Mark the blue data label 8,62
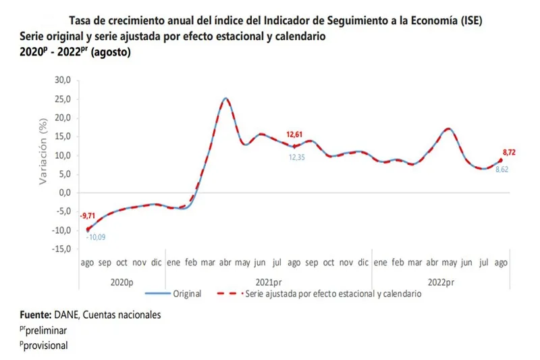[x=502, y=170]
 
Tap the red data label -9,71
[x=89, y=216]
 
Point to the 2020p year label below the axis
[x=122, y=281]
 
